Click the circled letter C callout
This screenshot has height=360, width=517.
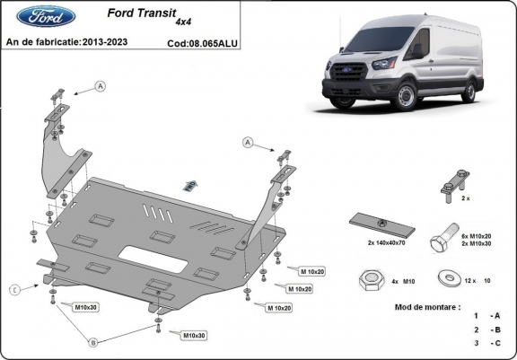click(16, 288)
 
